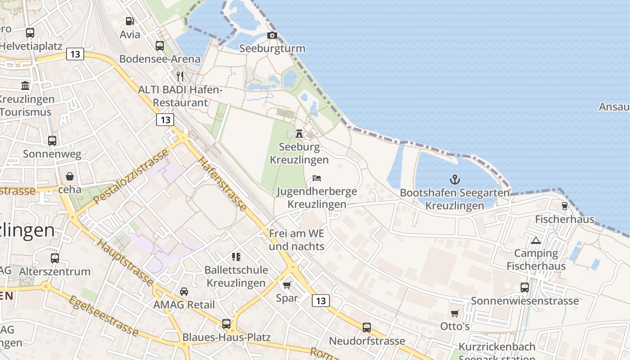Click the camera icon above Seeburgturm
pos(272,35)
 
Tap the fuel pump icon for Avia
pos(130,21)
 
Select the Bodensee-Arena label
pos(160,59)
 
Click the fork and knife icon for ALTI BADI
pos(180,76)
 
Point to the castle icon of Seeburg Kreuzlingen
pos(299,133)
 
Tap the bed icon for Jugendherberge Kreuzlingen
pos(317,178)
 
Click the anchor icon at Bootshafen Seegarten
pos(455,180)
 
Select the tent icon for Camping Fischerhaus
pos(535,240)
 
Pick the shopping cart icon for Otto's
pos(455,313)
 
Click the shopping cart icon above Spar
pos(287,285)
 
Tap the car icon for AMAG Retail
pos(184,292)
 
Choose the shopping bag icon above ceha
pos(70,176)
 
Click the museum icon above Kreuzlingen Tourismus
pos(25,85)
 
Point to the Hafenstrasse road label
pos(222,184)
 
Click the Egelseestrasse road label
pos(104,316)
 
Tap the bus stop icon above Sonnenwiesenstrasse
pos(525,288)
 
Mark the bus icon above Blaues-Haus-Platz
pos(226,324)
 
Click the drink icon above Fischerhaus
pos(565,206)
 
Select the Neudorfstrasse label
pos(367,341)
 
